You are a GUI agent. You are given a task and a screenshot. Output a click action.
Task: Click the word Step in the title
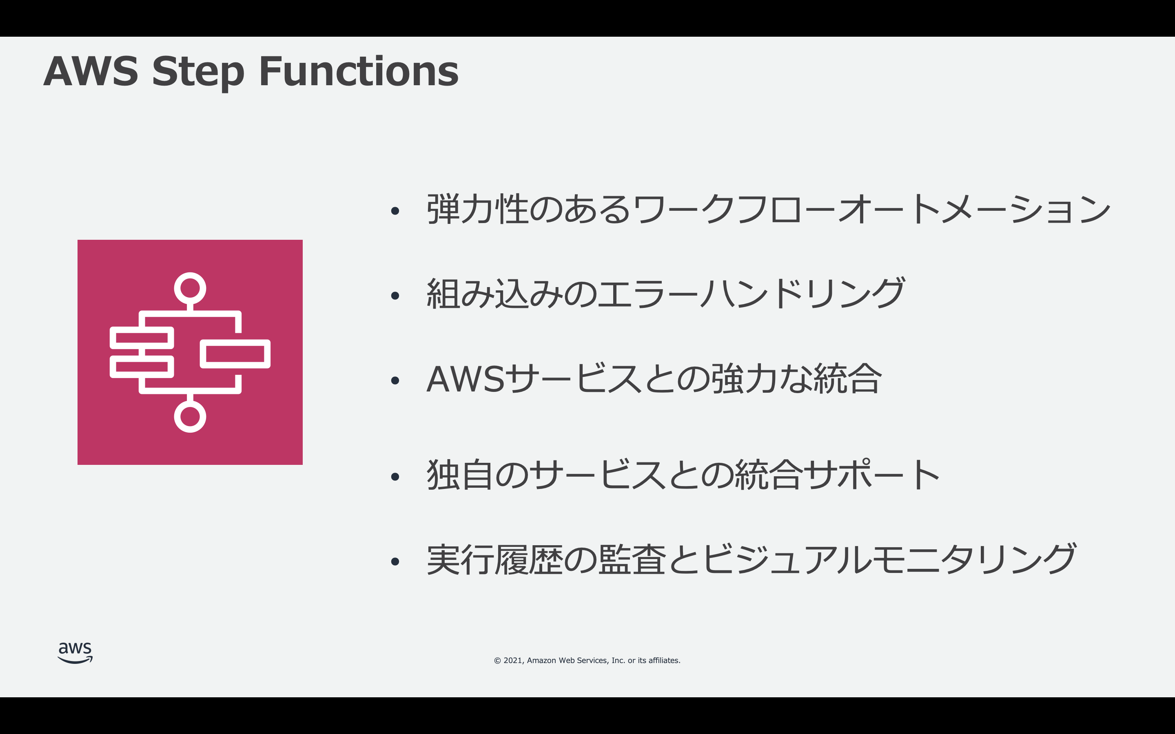[x=198, y=73]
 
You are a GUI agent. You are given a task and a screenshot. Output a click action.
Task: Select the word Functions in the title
[x=358, y=71]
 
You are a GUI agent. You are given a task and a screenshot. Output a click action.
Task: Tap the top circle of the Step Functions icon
[x=190, y=288]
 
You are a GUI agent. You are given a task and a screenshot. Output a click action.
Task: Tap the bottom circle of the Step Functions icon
[x=190, y=416]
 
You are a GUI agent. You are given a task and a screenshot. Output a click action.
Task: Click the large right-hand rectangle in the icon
[x=235, y=354]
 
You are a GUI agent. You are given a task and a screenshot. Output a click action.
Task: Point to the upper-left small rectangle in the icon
[x=142, y=338]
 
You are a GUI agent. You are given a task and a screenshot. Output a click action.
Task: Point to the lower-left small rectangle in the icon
[x=142, y=367]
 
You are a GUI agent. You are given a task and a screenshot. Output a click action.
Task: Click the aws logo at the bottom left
[x=75, y=652]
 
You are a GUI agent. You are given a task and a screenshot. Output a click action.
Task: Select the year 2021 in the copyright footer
[x=513, y=661]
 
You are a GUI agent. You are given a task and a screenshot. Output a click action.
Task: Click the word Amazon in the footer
[x=541, y=661]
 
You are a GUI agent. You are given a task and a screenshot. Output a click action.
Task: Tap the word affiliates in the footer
[x=664, y=661]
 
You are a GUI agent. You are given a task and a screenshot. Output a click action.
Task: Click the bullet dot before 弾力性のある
[x=395, y=211]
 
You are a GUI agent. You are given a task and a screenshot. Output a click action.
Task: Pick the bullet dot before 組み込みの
[x=395, y=295]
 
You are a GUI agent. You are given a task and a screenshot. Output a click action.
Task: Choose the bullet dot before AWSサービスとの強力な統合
[x=395, y=380]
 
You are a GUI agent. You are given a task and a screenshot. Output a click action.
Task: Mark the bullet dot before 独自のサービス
[x=395, y=477]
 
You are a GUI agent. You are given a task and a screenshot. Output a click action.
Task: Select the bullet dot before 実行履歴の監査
[x=395, y=562]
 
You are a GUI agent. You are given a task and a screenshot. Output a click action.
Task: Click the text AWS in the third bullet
[x=466, y=379]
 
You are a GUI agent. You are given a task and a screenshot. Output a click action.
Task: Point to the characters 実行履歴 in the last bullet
[x=494, y=560]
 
